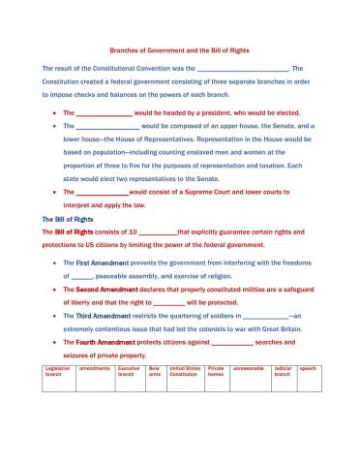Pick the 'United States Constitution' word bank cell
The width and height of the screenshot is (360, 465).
[186, 372]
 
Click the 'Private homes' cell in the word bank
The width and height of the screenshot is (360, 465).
[218, 372]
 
